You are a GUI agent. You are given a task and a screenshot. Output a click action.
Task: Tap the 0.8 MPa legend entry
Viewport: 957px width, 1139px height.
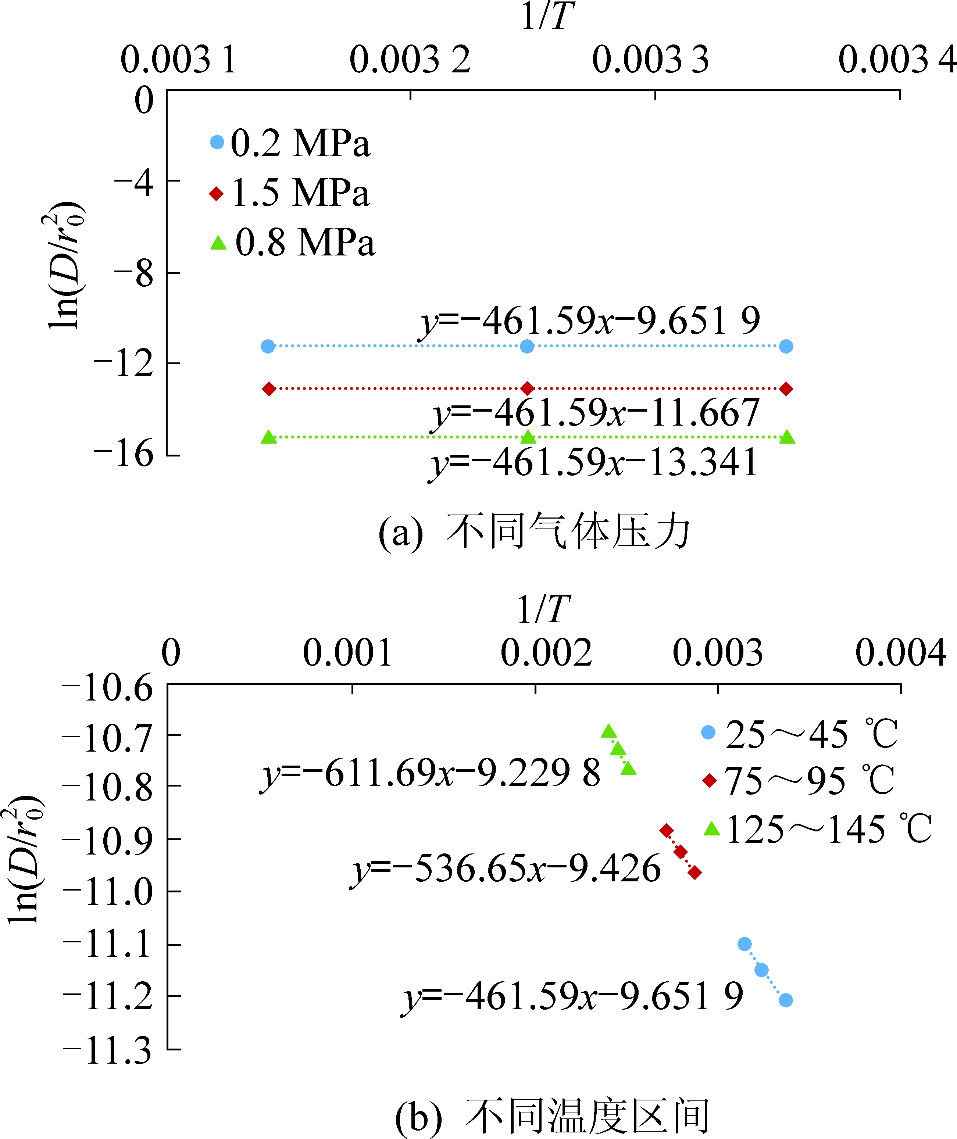click(293, 243)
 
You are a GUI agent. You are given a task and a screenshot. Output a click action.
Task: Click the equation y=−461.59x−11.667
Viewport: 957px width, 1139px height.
click(596, 413)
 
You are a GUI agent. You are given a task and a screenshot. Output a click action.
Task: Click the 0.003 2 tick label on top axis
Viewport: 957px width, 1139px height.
click(410, 60)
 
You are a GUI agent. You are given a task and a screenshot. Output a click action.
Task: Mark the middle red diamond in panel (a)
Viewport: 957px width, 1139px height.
click(527, 388)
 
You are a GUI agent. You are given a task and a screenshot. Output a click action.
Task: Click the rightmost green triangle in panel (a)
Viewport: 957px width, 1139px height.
click(787, 437)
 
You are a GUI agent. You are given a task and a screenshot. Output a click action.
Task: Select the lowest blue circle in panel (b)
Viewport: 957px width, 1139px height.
click(786, 1000)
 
